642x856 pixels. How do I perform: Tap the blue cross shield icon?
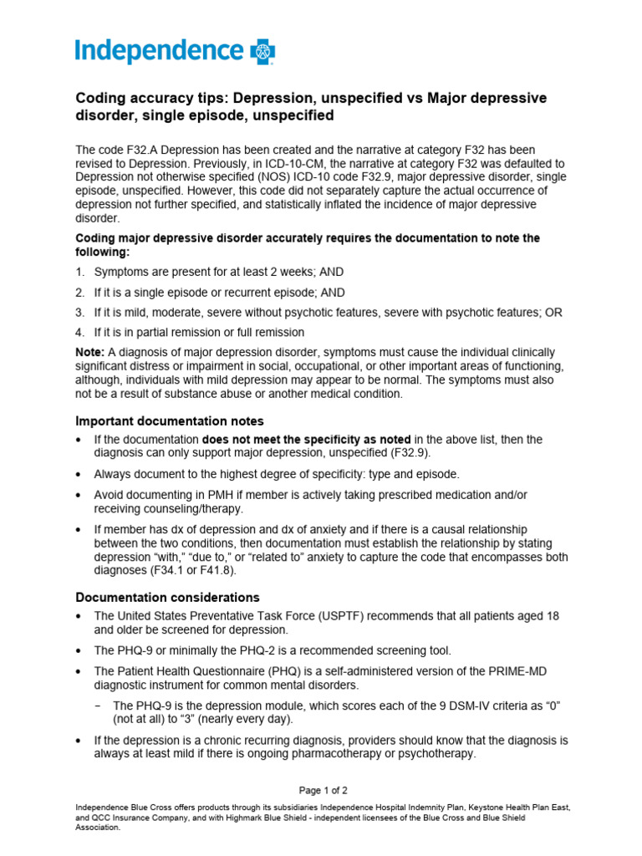pyautogui.click(x=263, y=52)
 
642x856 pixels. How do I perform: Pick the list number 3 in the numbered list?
pyautogui.click(x=80, y=313)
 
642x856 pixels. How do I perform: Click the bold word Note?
pyautogui.click(x=90, y=353)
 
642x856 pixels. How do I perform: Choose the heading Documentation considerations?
pyautogui.click(x=168, y=598)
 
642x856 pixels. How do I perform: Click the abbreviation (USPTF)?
pyautogui.click(x=364, y=616)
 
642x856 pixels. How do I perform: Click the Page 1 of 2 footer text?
pyautogui.click(x=323, y=790)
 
